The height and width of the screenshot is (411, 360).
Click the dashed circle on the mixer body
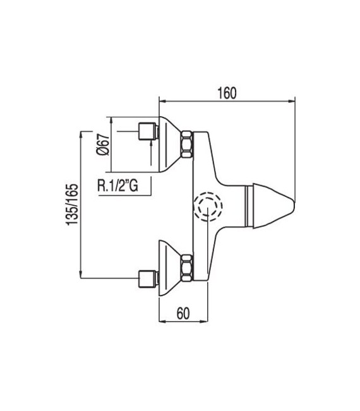207,206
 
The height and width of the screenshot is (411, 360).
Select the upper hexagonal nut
187,144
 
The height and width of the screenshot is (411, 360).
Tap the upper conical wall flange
169,143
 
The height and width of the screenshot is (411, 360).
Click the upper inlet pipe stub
147,132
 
